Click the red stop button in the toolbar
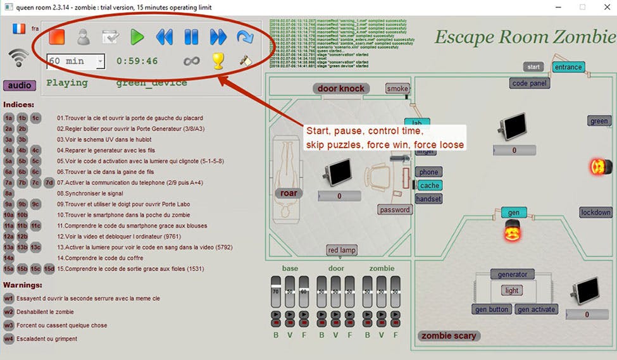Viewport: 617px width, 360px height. (x=56, y=37)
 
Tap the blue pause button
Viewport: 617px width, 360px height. (x=191, y=37)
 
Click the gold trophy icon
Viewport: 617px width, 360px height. (x=218, y=61)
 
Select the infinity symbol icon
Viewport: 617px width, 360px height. (x=191, y=61)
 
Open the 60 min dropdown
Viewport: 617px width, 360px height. (x=75, y=61)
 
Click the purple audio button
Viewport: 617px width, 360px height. (x=20, y=85)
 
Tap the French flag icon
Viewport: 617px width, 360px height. (x=19, y=29)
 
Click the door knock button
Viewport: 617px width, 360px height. (x=341, y=89)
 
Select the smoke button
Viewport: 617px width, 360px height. (x=397, y=89)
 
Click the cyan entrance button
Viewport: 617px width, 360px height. (x=568, y=67)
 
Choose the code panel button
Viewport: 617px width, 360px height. (x=530, y=83)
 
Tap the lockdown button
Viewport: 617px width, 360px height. (x=595, y=213)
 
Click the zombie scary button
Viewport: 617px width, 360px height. (x=449, y=336)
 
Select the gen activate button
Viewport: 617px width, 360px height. (x=536, y=309)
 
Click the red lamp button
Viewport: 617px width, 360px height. (x=342, y=250)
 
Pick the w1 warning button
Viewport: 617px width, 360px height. (x=9, y=298)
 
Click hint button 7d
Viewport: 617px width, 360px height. (x=49, y=183)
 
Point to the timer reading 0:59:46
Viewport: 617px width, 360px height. (x=137, y=61)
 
